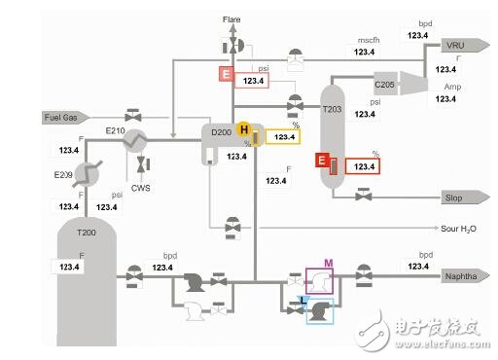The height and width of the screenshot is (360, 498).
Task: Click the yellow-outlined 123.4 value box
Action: [x=283, y=137]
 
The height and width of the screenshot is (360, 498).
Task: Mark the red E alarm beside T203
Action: [x=322, y=162]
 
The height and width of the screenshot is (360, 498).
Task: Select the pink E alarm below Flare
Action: [x=225, y=73]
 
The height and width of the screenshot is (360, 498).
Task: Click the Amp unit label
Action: [x=452, y=87]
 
